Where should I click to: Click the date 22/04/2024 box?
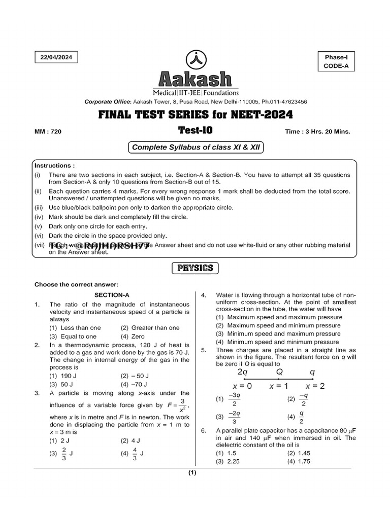point(56,57)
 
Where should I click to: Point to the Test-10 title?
point(195,130)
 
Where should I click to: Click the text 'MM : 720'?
point(48,132)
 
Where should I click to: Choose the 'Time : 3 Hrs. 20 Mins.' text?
point(318,132)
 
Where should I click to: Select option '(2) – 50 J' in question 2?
point(135,376)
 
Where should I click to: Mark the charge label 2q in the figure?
point(243,372)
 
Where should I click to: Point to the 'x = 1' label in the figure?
point(279,386)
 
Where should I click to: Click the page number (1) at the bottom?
point(192,473)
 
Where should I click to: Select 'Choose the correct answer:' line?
point(76,284)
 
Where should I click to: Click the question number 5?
point(203,350)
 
